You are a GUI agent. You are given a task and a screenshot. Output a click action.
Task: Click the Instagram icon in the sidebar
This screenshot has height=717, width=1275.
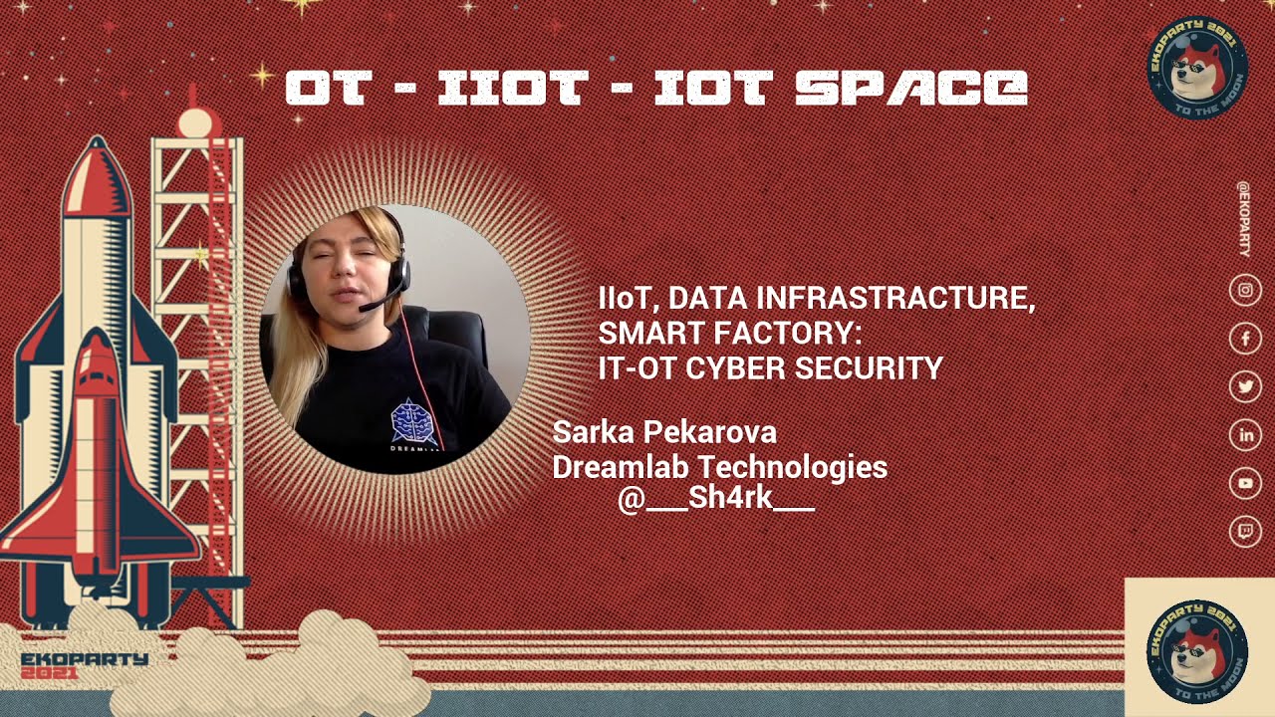click(1245, 291)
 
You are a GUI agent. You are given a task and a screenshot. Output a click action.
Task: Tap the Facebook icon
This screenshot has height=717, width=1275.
click(1245, 339)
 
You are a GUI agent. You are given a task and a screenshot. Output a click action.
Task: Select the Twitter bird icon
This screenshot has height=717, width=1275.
click(1245, 386)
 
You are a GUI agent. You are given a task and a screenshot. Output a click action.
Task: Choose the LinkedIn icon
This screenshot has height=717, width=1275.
click(1245, 435)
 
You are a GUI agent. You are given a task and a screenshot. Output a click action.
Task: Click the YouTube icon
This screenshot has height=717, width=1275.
click(1245, 483)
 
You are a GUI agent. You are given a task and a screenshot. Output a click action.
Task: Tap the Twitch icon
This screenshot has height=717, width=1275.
click(1245, 531)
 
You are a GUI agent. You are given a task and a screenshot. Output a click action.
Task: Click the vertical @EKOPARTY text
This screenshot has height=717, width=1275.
click(1243, 218)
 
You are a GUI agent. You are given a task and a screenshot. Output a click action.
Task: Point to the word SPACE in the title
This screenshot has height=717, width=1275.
click(910, 88)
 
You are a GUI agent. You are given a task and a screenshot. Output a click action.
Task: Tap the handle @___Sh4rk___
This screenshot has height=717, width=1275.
click(715, 499)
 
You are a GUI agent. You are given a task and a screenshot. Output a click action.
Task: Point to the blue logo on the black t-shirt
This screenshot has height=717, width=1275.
click(412, 421)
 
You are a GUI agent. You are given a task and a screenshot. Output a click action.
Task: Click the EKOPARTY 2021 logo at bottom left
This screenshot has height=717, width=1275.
click(84, 665)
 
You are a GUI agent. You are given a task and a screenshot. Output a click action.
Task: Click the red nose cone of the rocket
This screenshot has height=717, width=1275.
click(97, 170)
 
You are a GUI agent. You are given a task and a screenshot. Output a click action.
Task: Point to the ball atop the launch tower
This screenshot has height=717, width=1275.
click(196, 122)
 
